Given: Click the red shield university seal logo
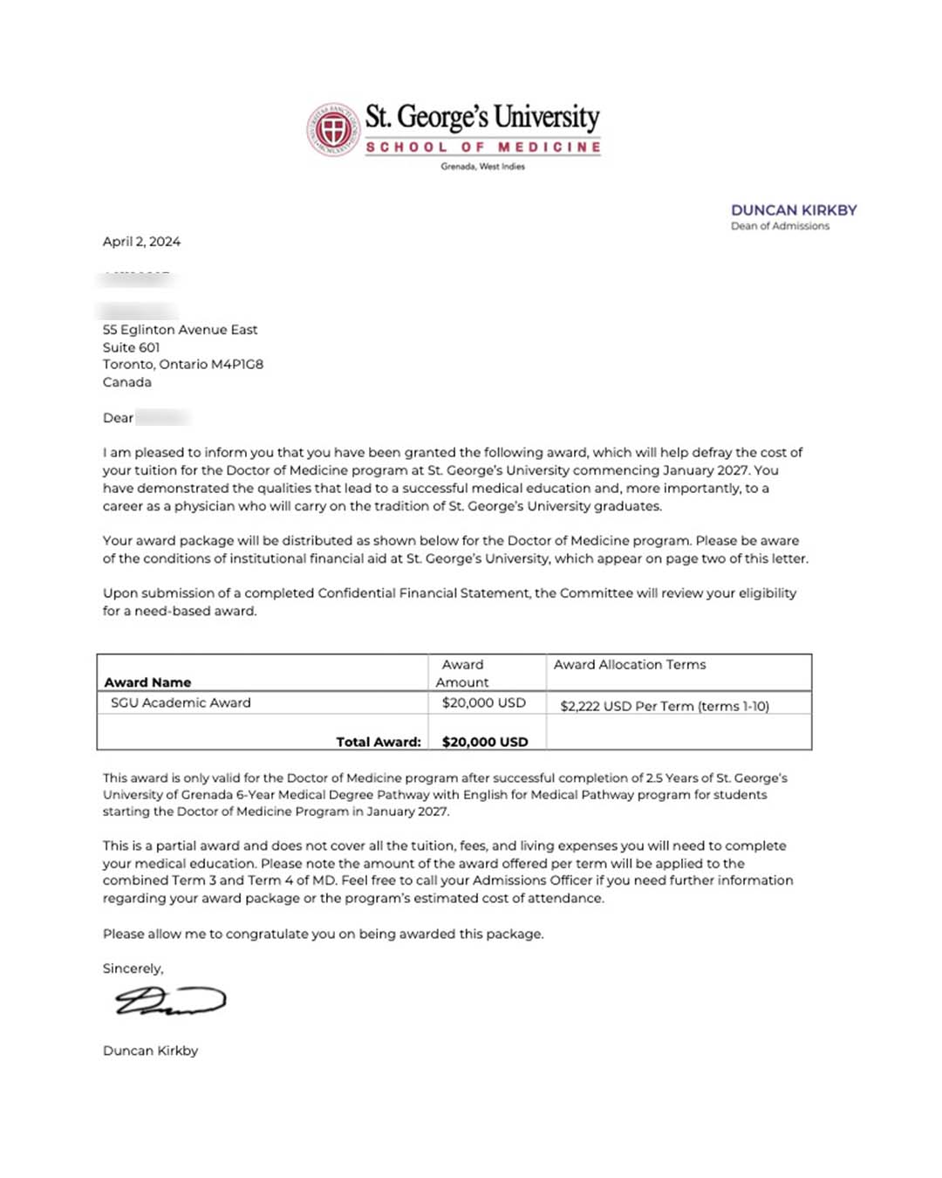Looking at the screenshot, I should click(333, 130).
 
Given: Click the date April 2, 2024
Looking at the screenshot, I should click(141, 242).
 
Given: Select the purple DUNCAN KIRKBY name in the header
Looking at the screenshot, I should click(794, 210).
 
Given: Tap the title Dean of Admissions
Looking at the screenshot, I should click(780, 226).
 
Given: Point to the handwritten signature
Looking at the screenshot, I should click(170, 1001).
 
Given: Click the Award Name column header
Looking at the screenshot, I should click(147, 682).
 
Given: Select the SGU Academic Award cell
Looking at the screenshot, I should click(181, 702).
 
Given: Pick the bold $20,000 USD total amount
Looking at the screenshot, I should click(485, 742).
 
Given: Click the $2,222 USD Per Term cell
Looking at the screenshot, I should click(665, 706).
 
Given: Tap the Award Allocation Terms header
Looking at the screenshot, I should click(630, 665).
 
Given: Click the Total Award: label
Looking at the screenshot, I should click(379, 742).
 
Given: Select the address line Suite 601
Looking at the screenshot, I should click(131, 347).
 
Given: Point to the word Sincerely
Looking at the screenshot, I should click(133, 969).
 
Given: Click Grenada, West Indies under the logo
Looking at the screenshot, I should click(482, 167).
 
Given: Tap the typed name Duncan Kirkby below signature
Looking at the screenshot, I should click(150, 1051).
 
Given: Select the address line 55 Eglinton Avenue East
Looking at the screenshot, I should click(180, 330).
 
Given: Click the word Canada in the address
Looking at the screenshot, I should click(126, 382).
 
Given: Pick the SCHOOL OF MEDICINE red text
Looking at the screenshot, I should click(483, 147).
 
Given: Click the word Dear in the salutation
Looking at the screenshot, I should click(118, 418).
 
